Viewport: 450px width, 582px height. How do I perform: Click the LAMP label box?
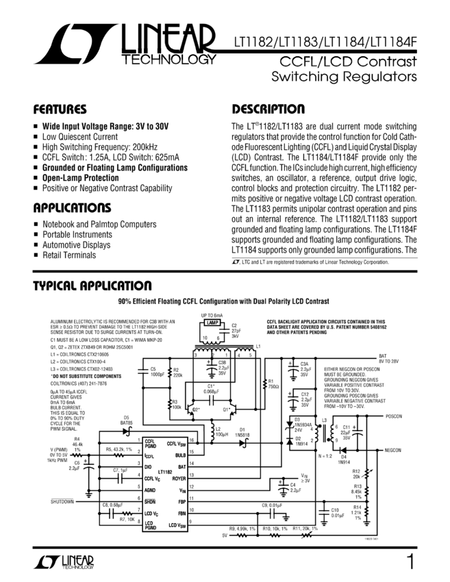point(212,322)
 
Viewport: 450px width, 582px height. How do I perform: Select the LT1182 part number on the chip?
point(165,472)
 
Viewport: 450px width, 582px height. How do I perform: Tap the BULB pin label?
point(180,455)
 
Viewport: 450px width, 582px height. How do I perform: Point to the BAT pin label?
point(182,467)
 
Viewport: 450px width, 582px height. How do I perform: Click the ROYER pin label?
point(179,479)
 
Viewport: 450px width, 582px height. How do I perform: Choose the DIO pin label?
point(148,467)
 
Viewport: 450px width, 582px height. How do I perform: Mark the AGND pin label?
point(150,490)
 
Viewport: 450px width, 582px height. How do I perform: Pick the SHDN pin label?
point(150,502)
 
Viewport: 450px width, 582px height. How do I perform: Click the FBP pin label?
point(182,502)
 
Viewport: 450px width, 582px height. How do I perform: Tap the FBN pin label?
point(182,514)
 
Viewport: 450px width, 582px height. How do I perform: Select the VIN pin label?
point(182,490)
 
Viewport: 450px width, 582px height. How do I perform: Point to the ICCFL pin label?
point(149,455)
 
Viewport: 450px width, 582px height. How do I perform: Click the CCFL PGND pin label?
point(151,444)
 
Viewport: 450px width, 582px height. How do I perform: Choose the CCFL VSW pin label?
point(176,444)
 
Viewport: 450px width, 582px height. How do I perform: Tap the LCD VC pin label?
point(152,514)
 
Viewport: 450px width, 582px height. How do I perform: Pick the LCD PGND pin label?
point(151,525)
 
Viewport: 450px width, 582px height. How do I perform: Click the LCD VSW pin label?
point(177,525)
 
